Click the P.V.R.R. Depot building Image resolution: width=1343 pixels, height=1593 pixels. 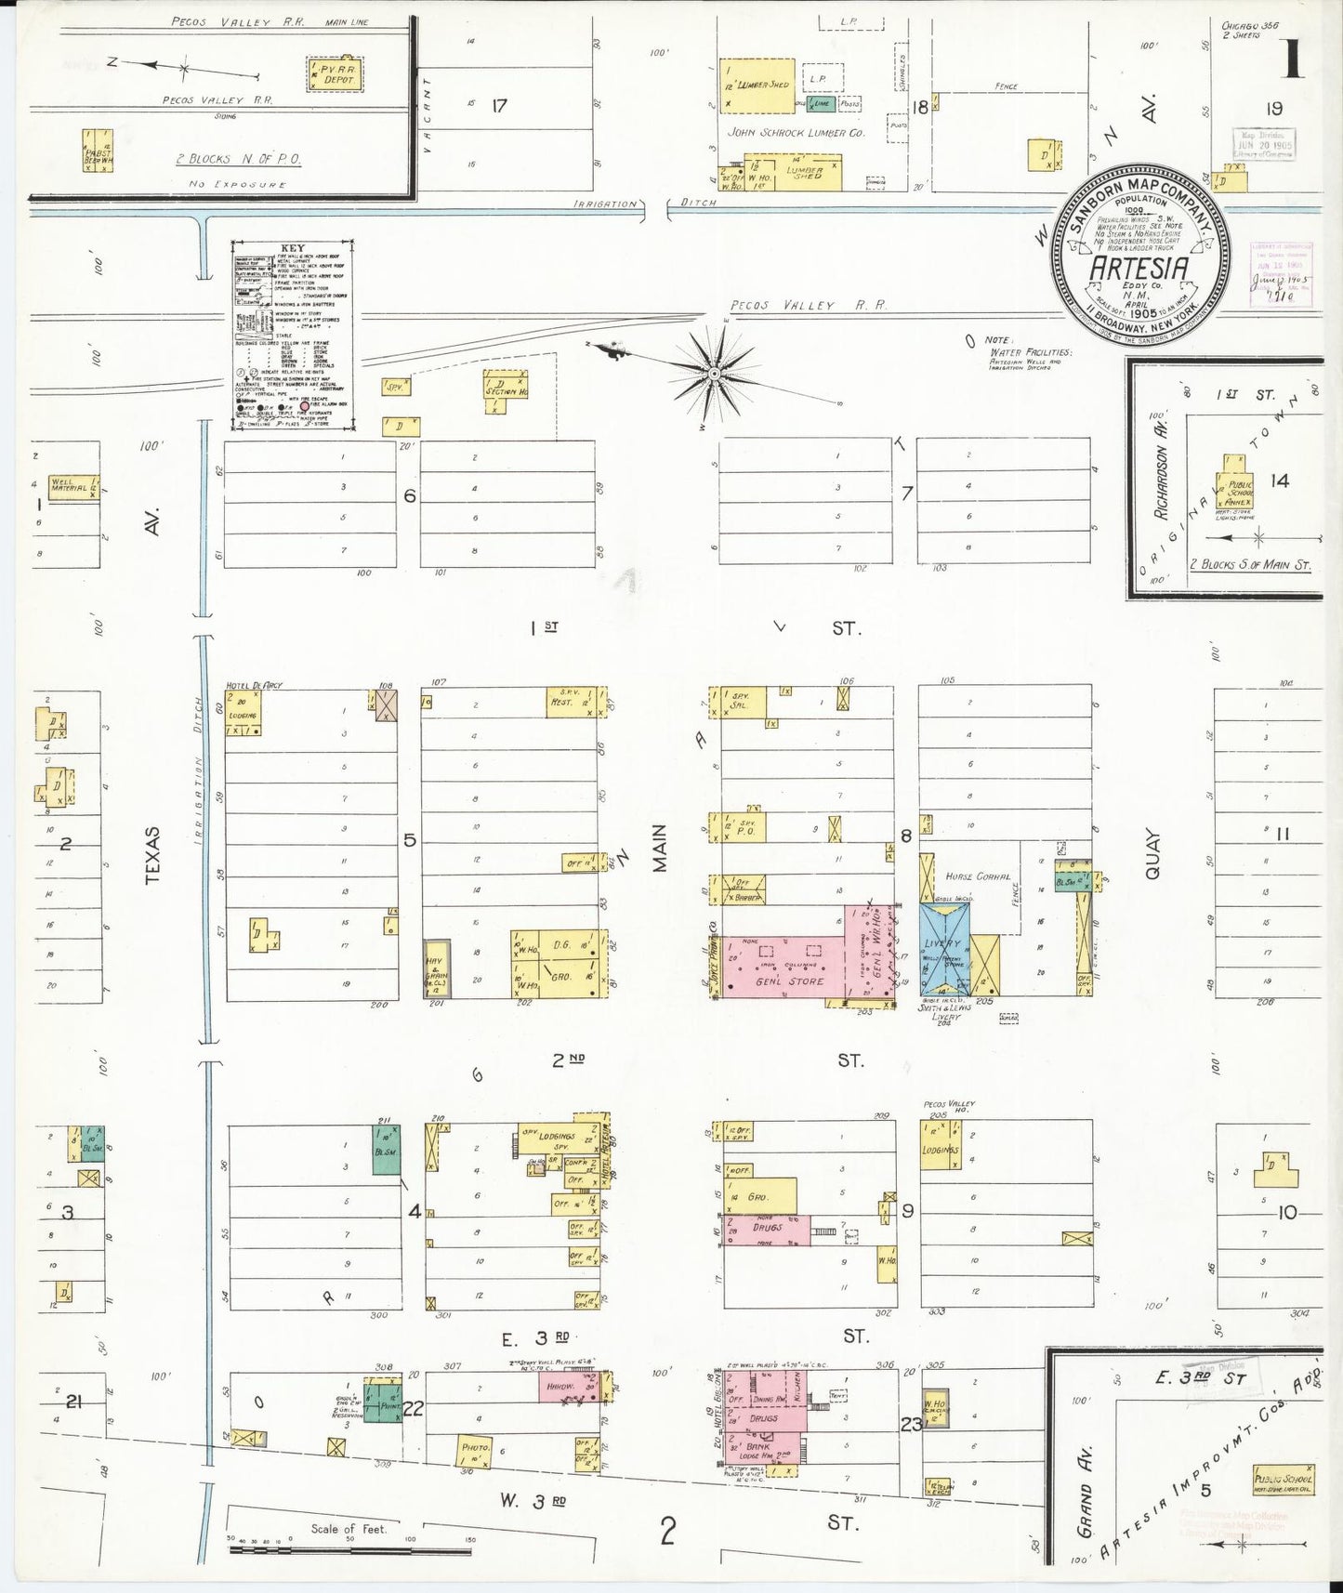(336, 72)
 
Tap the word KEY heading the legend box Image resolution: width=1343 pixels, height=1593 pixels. (293, 249)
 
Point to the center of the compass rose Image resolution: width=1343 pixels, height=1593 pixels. (713, 374)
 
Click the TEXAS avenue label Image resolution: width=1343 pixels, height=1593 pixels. (153, 854)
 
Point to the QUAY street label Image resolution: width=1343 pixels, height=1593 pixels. (1152, 854)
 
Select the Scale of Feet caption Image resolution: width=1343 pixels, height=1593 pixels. (349, 1529)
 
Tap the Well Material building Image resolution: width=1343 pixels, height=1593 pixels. (73, 486)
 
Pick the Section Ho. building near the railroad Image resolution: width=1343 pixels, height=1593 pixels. (506, 390)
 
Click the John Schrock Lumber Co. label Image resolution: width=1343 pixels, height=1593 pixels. (796, 133)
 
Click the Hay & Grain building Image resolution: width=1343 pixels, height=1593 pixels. (438, 968)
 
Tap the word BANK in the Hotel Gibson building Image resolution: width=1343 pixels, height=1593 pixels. (758, 1446)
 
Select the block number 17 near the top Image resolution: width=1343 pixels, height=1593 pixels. (499, 106)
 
